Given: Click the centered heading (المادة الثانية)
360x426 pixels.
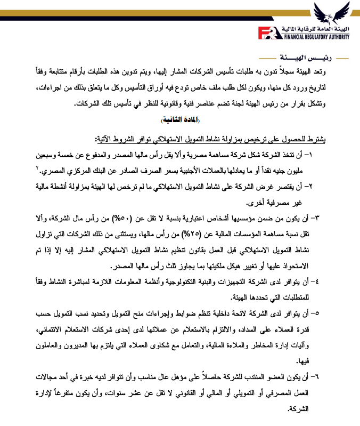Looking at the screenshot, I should tap(179, 119).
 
